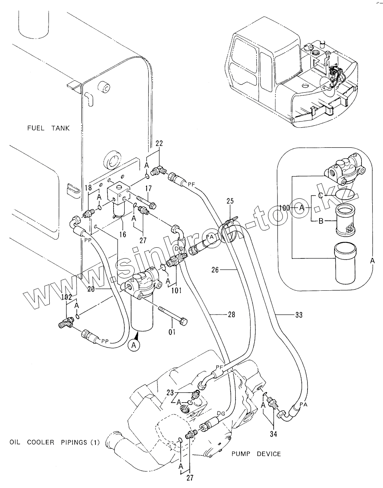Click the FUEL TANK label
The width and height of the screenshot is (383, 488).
click(x=49, y=128)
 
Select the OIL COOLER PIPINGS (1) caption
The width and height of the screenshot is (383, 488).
click(x=54, y=442)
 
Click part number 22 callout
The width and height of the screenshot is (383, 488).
click(x=159, y=143)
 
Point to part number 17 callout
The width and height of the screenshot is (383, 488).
click(x=148, y=188)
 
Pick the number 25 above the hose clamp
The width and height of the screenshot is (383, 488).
click(x=230, y=201)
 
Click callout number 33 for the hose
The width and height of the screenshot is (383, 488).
click(x=299, y=315)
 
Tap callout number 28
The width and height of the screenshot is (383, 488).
click(x=231, y=315)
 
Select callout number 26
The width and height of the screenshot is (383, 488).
click(x=215, y=270)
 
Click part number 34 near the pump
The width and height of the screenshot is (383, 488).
click(x=274, y=434)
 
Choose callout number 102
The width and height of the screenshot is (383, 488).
click(x=67, y=297)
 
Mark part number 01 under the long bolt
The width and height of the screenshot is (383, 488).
click(x=172, y=332)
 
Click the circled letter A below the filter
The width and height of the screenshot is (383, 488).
click(x=134, y=346)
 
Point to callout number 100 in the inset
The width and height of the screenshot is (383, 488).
click(x=285, y=208)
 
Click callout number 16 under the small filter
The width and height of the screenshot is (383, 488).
click(x=123, y=234)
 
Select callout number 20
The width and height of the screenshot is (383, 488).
click(x=91, y=289)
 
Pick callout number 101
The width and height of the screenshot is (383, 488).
click(x=176, y=290)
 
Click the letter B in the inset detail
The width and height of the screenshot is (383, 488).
click(x=321, y=221)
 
